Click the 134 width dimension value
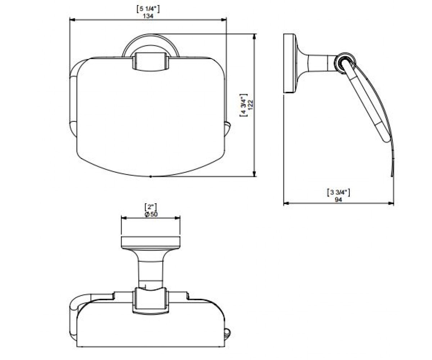[x=148, y=16]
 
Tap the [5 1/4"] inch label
[x=148, y=9]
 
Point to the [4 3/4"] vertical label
[x=243, y=105]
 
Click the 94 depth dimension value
[x=338, y=199]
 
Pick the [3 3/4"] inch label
[x=338, y=192]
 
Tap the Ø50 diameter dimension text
[x=151, y=214]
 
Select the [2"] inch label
[x=150, y=207]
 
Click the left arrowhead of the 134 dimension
[x=72, y=20]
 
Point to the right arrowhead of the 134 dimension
[x=224, y=20]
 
